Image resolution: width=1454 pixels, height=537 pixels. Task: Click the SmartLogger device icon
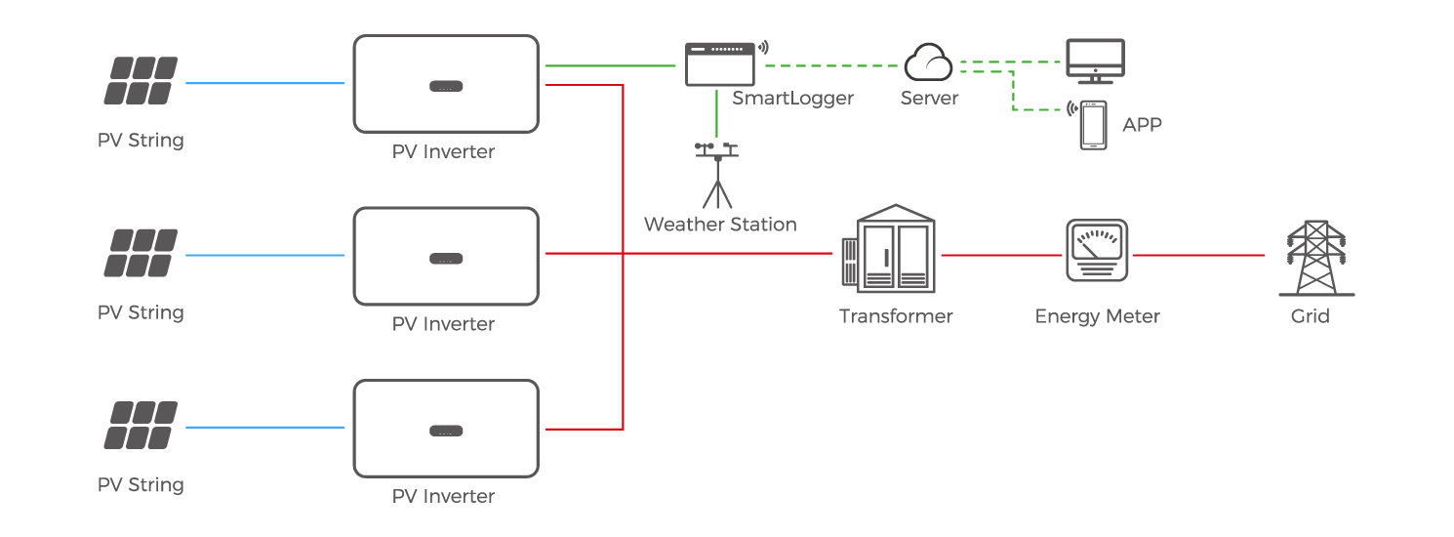[720, 63]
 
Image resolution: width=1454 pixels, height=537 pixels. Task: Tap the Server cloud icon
[928, 63]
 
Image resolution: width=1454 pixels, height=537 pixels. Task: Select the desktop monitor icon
[1094, 61]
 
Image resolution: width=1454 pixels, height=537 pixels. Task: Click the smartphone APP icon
[1093, 124]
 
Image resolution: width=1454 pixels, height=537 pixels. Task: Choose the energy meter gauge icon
[1097, 251]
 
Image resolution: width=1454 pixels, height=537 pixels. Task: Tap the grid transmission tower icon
[1311, 258]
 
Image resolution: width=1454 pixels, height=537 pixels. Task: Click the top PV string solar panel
[141, 81]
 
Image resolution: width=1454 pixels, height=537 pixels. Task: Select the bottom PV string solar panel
[141, 426]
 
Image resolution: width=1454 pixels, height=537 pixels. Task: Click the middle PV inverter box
[445, 256]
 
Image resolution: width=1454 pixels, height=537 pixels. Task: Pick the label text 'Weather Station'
[720, 225]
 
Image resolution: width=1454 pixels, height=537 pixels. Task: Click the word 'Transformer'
[896, 316]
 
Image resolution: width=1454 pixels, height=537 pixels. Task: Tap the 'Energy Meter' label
[1097, 316]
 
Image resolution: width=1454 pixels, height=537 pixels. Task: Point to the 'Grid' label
[1310, 316]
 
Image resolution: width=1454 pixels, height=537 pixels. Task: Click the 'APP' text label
[1142, 125]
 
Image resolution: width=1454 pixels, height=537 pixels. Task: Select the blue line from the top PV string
[265, 84]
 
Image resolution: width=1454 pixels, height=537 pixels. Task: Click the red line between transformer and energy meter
[1000, 255]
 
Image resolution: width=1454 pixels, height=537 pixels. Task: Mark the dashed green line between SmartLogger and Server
[829, 66]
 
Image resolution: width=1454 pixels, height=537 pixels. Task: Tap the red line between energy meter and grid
[1198, 255]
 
